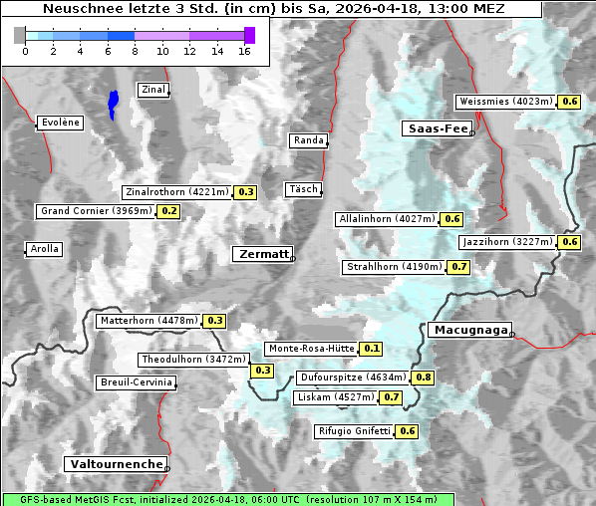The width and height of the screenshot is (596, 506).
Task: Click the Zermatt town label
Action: (263, 254)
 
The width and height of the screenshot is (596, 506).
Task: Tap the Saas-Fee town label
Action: (437, 128)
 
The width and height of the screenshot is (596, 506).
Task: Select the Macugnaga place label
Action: (468, 330)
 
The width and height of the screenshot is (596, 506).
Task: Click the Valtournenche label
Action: (115, 464)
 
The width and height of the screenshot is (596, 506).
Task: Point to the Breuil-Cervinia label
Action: (136, 382)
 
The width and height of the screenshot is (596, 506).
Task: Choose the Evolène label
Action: (59, 123)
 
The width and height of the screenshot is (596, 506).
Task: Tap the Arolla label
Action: (44, 249)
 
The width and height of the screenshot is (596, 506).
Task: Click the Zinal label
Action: (152, 90)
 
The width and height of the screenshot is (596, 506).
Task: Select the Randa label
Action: (308, 140)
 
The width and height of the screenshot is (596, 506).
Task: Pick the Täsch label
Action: (302, 189)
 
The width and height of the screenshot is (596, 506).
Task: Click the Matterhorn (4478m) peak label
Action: (148, 321)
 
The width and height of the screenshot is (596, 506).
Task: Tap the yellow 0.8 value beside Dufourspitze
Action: (424, 378)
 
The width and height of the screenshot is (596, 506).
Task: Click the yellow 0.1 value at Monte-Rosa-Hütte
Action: (371, 349)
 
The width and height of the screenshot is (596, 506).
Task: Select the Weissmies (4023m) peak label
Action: (505, 102)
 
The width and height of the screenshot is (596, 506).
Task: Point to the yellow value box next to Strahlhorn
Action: (458, 267)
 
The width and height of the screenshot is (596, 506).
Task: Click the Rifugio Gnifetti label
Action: (354, 431)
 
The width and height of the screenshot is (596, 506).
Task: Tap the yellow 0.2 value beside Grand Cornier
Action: (168, 211)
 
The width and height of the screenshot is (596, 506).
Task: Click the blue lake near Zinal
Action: (114, 103)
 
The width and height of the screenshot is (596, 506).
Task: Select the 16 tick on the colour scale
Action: (245, 51)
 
